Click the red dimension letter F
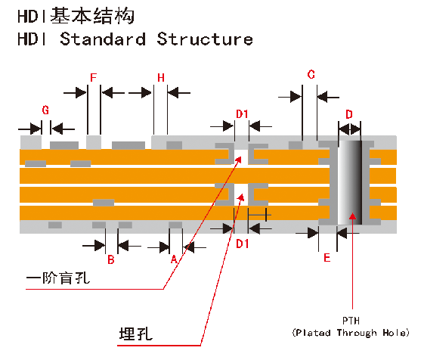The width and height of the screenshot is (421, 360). click(93, 78)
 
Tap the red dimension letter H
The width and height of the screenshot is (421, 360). click(161, 78)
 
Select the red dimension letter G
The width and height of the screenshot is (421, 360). click(45, 110)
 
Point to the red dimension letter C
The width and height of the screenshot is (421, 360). click(311, 74)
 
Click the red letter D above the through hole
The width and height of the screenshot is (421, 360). click(348, 114)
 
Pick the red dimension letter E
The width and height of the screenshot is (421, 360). click(327, 258)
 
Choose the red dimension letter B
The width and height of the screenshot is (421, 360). click(111, 259)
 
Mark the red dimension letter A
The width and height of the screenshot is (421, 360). click(174, 259)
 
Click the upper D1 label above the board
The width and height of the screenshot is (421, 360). click(242, 114)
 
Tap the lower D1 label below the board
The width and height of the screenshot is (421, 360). click(242, 244)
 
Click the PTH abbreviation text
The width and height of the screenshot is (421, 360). click(351, 321)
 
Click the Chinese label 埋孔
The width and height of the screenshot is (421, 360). click(136, 334)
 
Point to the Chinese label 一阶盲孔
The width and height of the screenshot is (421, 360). click(57, 278)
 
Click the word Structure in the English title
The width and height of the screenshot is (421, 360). click(205, 39)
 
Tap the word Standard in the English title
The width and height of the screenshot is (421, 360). click(103, 39)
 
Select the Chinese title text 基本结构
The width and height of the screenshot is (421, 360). click(92, 16)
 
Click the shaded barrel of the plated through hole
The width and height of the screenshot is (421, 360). click(350, 182)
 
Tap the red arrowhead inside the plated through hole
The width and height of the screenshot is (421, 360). click(352, 216)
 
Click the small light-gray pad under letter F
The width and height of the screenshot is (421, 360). click(94, 142)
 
